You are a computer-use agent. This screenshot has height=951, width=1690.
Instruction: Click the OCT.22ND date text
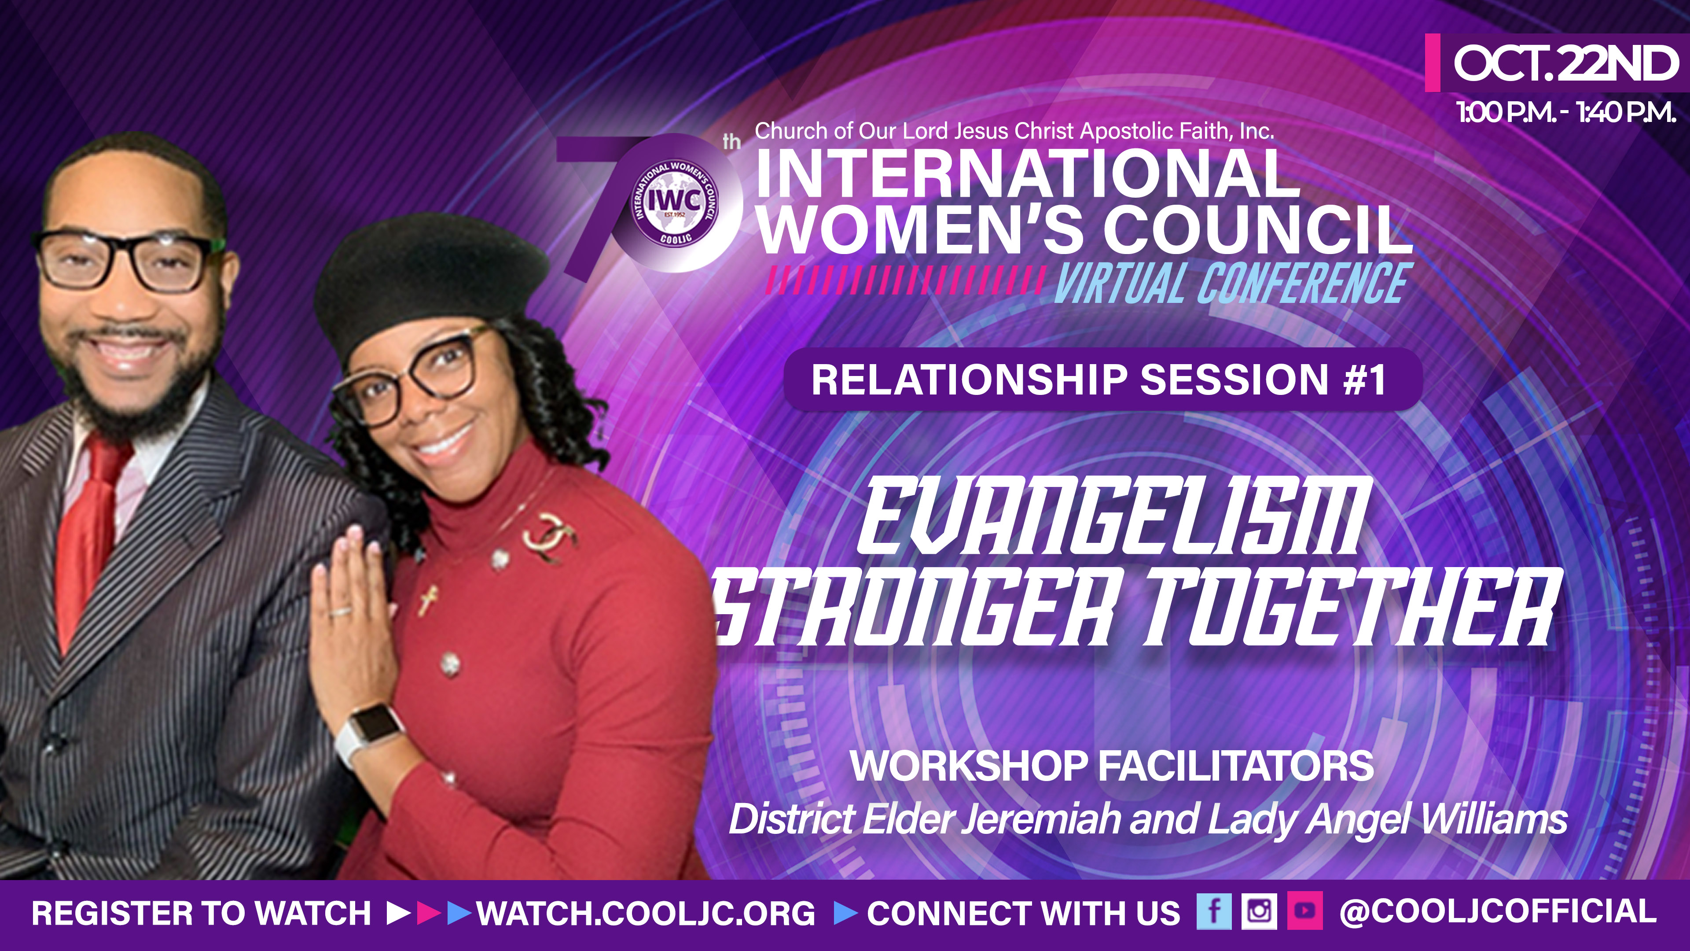(1564, 64)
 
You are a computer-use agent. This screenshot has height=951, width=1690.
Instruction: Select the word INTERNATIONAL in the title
(1027, 173)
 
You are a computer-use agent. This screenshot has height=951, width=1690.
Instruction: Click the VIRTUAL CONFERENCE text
(1230, 284)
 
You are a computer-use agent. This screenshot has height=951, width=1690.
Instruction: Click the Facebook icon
(1214, 912)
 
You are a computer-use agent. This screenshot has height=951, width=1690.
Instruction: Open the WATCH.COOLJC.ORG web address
(646, 913)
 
